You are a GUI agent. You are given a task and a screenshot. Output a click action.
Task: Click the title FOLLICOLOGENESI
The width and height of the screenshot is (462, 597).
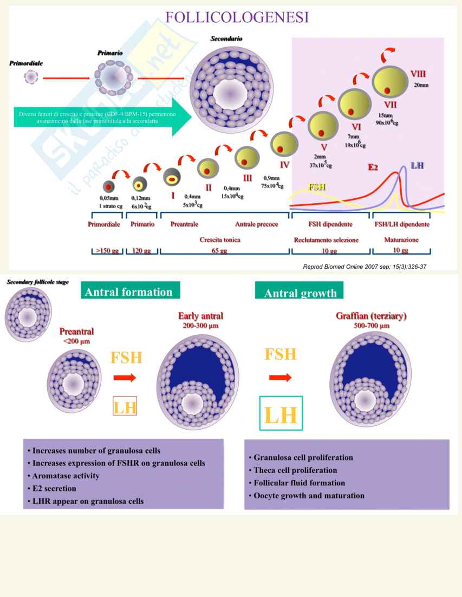pyautogui.click(x=237, y=17)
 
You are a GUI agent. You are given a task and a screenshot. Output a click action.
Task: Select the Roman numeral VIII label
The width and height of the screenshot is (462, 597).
pyautogui.click(x=418, y=74)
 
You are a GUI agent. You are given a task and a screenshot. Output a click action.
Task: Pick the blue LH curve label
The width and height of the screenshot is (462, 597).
pyautogui.click(x=417, y=164)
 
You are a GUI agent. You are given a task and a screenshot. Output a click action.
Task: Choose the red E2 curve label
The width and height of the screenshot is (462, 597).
pyautogui.click(x=373, y=167)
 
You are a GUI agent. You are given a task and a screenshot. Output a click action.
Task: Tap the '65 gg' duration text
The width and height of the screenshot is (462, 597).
pyautogui.click(x=223, y=251)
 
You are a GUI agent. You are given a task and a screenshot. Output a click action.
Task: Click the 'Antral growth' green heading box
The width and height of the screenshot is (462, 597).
pyautogui.click(x=300, y=293)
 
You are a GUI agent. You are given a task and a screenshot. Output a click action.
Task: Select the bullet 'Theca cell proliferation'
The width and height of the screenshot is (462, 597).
pyautogui.click(x=295, y=470)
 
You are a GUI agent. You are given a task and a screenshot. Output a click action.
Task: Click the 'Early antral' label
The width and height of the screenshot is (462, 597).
pyautogui.click(x=200, y=316)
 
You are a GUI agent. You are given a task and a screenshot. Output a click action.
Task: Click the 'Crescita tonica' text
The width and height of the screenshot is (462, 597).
pyautogui.click(x=220, y=239)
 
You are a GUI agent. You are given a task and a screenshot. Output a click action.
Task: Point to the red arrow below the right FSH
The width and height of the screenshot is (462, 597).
pyautogui.click(x=280, y=378)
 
